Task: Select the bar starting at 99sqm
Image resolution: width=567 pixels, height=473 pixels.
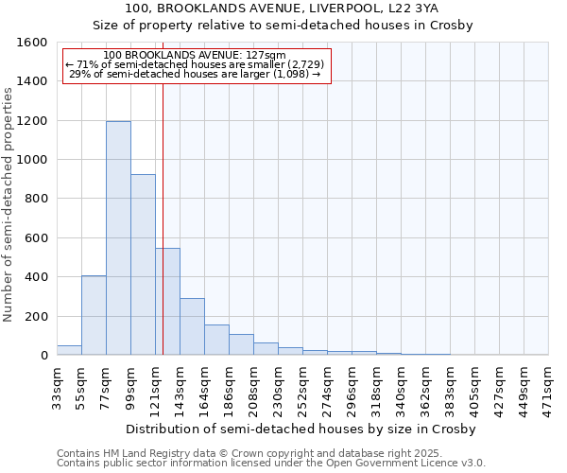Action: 143,265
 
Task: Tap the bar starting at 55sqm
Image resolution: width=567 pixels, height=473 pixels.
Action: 94,315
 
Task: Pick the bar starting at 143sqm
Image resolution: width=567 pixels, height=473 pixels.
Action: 192,326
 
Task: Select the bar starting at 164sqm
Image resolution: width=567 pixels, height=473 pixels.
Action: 216,340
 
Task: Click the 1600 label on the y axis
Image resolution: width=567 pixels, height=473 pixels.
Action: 31,43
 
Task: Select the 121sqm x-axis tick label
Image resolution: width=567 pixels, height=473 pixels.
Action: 156,387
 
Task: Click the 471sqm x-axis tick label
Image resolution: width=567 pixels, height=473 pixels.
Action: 549,387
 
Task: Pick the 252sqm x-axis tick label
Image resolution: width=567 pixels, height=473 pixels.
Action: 303,387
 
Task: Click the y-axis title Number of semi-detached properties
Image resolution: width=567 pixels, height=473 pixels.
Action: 9,199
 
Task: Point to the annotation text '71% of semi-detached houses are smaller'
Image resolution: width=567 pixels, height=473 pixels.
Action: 197,64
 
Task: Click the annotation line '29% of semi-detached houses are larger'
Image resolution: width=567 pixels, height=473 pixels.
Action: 197,74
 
